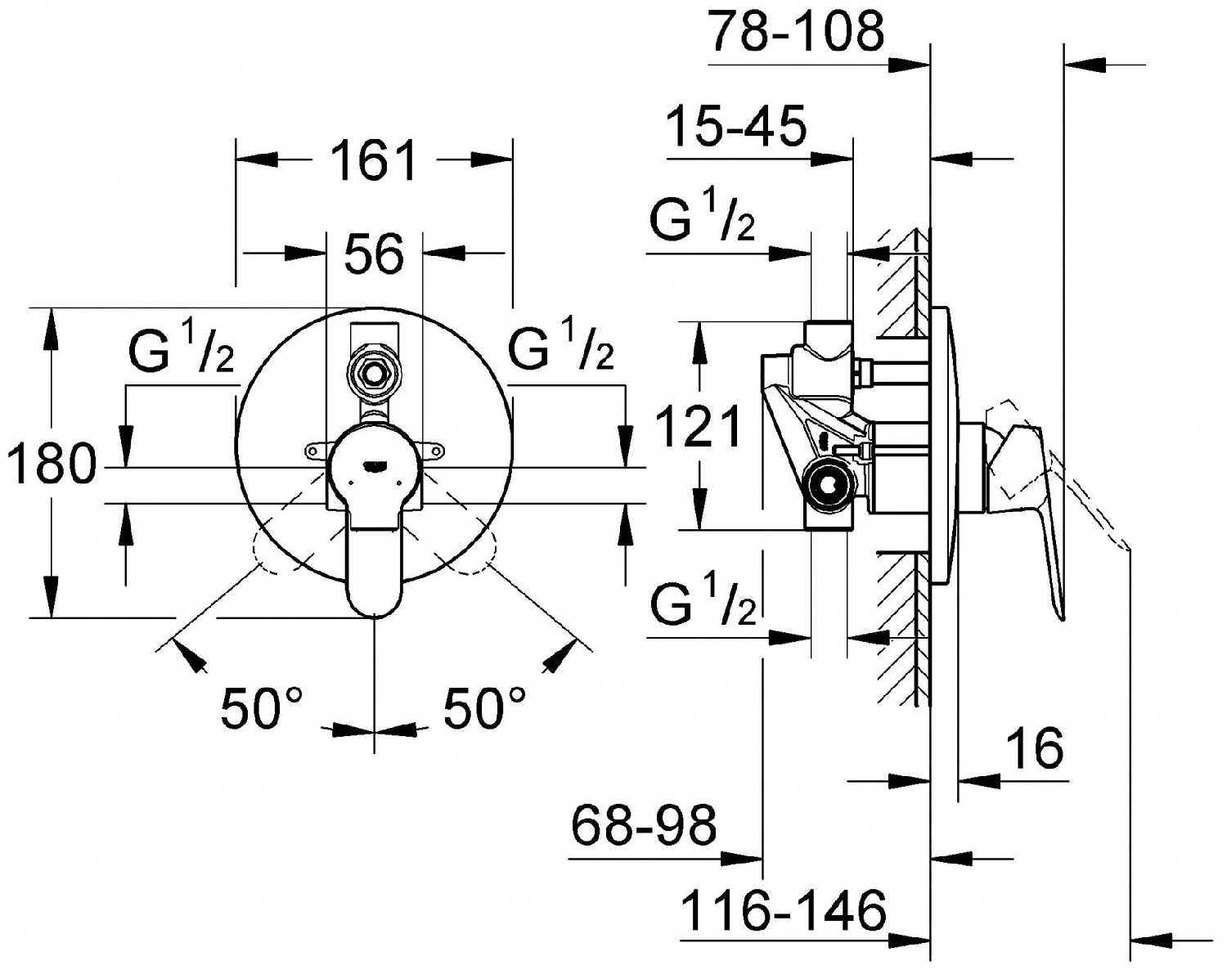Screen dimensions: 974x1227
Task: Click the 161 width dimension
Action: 374,160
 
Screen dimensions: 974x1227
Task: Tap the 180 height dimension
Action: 51,464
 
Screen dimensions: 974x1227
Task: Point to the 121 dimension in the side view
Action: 699,426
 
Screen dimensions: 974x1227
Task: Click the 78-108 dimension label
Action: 796,33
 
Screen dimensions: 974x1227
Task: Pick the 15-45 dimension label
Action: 736,127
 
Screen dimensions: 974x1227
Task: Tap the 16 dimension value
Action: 1034,748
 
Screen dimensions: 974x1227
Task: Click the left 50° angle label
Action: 262,707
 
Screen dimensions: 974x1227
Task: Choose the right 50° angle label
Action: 485,707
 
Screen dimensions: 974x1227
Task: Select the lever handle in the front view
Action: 375,556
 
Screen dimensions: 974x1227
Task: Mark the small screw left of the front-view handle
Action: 312,450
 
